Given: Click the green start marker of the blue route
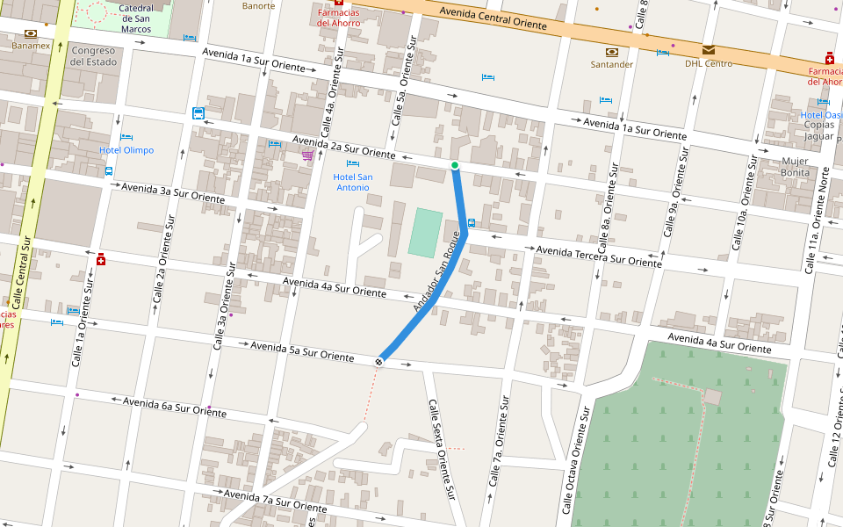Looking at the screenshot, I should [455, 165].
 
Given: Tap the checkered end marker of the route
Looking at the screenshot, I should [379, 360].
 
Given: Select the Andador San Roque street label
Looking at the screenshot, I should [436, 278].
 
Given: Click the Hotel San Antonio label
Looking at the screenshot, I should [352, 182].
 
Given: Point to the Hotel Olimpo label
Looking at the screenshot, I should [126, 150].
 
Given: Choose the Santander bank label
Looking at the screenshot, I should [611, 64].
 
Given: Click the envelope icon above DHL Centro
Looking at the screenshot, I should [708, 50].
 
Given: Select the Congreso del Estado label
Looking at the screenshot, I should [93, 56].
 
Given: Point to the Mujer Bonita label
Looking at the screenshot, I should [796, 167].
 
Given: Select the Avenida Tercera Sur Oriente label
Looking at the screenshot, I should [599, 256].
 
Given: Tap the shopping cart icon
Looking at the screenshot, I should [307, 155].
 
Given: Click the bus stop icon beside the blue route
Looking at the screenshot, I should [472, 223].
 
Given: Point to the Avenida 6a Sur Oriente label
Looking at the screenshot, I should [174, 406].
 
